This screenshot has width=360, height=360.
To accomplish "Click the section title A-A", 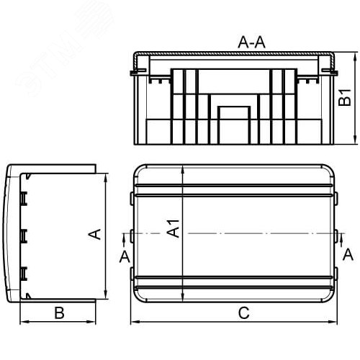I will [251, 43].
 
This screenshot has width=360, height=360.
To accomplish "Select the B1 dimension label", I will [346, 96].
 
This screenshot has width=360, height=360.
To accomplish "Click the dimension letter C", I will [243, 312].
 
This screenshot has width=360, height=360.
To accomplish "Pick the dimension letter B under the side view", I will [60, 312].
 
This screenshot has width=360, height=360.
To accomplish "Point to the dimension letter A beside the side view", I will [94, 234].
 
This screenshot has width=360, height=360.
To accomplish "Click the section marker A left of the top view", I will [124, 256].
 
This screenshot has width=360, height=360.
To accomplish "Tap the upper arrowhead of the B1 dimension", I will [355, 55].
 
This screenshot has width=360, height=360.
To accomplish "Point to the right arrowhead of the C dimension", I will [334, 322].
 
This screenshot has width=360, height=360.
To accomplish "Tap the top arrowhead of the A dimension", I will [106, 175].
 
